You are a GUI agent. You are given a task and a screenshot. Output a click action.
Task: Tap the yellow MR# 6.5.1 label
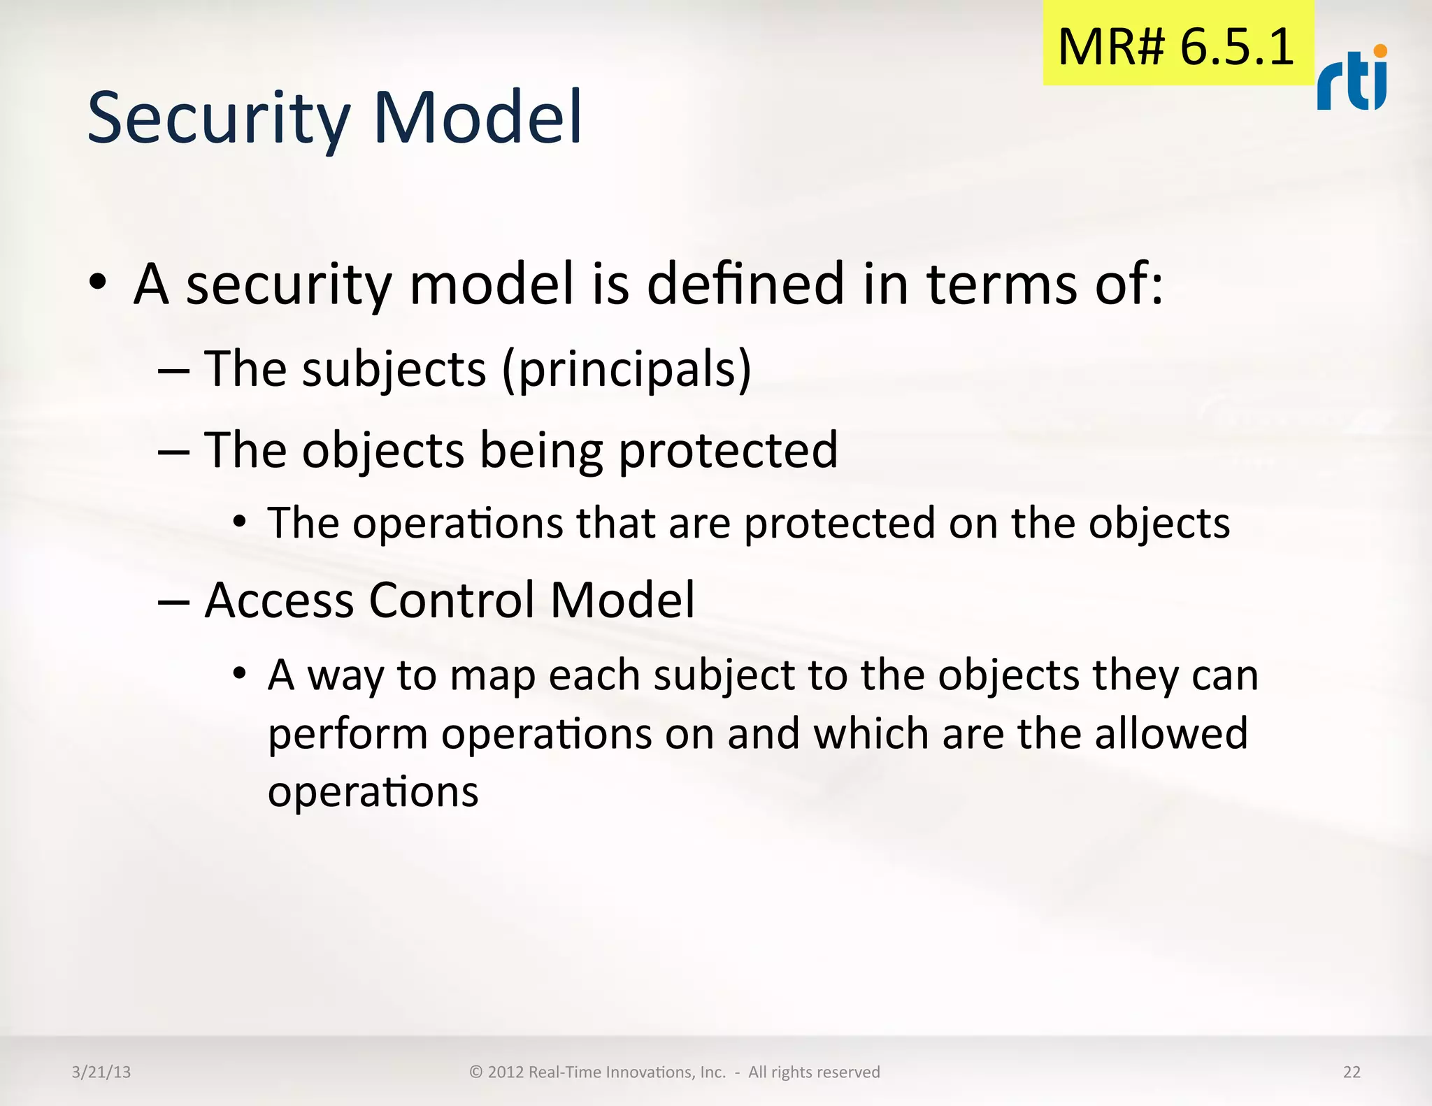(x=1177, y=46)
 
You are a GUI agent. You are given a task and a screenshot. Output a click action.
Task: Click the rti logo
(x=1352, y=80)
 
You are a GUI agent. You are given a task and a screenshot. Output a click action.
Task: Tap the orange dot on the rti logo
(x=1380, y=50)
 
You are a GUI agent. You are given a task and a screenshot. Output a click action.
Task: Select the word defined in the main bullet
(x=745, y=285)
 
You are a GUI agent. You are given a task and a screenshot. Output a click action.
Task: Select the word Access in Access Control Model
(x=279, y=600)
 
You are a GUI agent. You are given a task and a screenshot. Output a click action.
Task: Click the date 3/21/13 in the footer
(x=101, y=1072)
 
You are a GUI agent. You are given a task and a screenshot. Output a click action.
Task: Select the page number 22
(x=1352, y=1072)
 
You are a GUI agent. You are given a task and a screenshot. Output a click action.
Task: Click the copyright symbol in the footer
(x=476, y=1072)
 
